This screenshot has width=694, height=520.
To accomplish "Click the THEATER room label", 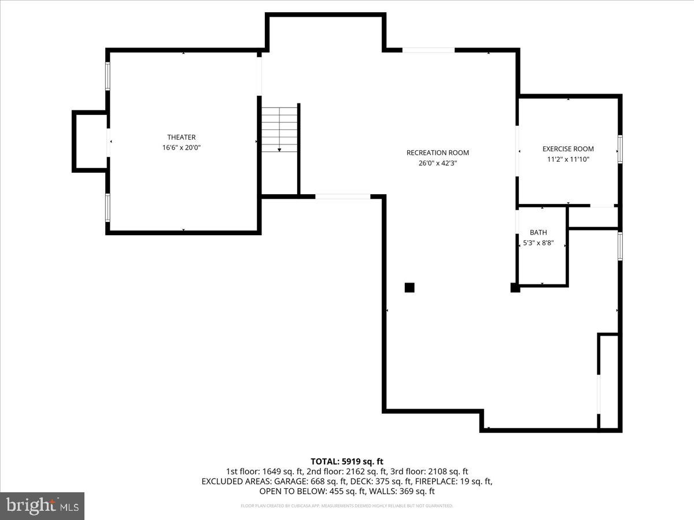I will pyautogui.click(x=181, y=137).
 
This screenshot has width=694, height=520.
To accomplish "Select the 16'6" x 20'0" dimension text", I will pyautogui.click(x=181, y=147).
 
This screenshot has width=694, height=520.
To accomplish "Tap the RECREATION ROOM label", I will pyautogui.click(x=437, y=153).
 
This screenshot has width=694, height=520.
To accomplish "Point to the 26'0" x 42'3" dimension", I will pyautogui.click(x=437, y=163).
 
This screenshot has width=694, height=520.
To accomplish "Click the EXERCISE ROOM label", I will pyautogui.click(x=568, y=148).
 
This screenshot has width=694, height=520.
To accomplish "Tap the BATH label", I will pyautogui.click(x=538, y=232).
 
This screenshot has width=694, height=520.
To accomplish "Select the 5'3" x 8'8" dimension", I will pyautogui.click(x=538, y=243).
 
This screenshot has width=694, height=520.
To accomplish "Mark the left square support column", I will pyautogui.click(x=409, y=287).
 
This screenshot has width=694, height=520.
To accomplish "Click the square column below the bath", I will pyautogui.click(x=515, y=287).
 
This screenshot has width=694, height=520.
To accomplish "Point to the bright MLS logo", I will pyautogui.click(x=42, y=506).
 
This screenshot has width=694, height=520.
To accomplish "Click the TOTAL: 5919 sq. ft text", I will pyautogui.click(x=347, y=461).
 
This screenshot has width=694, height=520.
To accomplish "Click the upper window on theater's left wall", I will pyautogui.click(x=108, y=76).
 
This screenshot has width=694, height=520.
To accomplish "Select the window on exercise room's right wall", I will pyautogui.click(x=620, y=148).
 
